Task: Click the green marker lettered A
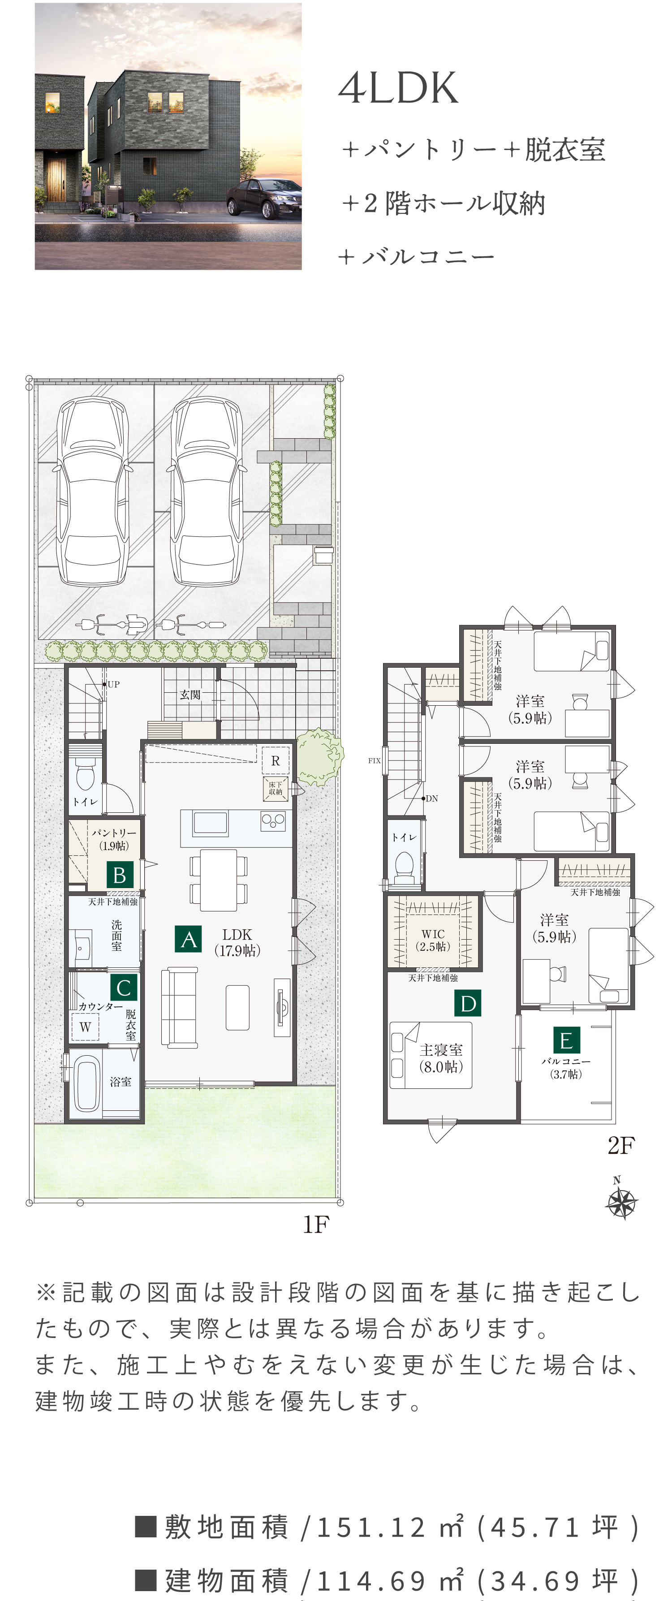coord(188,939)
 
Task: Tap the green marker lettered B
coord(119,875)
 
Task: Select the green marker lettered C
coord(123,987)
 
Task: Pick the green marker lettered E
coord(566,1040)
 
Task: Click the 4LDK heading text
coord(398,88)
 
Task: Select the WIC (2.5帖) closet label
coord(433,941)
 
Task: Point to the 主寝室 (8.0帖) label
coord(441,1058)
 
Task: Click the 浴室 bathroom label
coord(121,1082)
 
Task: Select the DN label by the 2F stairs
coord(432,798)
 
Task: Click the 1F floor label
coord(316,1224)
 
